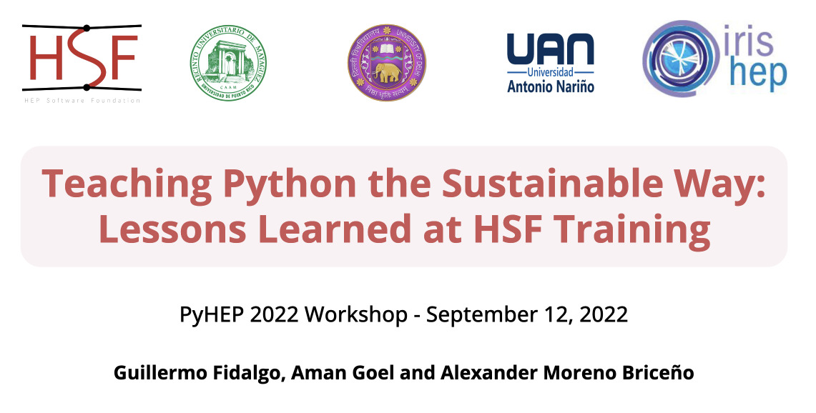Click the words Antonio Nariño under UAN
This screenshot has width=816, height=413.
coord(550,86)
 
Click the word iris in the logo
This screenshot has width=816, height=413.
coord(750,43)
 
